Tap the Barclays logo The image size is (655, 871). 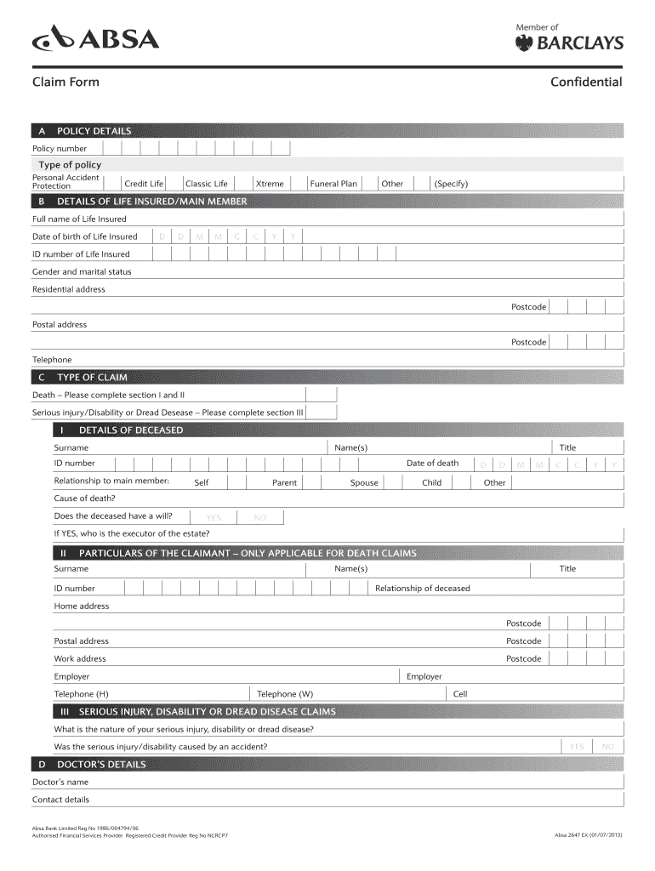click(x=569, y=43)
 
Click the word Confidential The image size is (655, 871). click(x=585, y=83)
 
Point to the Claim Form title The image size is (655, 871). click(x=65, y=83)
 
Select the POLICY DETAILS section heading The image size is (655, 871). click(x=94, y=131)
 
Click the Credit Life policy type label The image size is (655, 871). click(x=144, y=184)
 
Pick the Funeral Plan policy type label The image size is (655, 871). click(x=333, y=184)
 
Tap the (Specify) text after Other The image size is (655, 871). click(x=451, y=184)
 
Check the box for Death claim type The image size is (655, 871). click(x=322, y=395)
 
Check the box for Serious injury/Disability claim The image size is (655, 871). click(x=322, y=413)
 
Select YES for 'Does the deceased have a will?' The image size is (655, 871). click(x=214, y=517)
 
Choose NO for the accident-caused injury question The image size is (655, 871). click(x=607, y=747)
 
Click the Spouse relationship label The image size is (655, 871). click(x=364, y=483)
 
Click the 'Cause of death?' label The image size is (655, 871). click(x=85, y=498)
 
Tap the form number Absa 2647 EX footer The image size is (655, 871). click(x=588, y=835)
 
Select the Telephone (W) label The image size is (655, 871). click(x=285, y=694)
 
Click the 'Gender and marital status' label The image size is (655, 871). click(x=82, y=272)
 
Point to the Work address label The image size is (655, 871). click(x=80, y=659)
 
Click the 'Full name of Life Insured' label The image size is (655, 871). click(x=79, y=219)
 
